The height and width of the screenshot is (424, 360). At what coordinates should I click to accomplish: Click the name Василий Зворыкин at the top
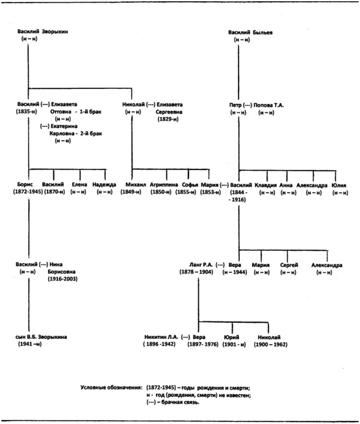click(x=43, y=32)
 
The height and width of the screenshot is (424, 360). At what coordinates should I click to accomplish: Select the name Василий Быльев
click(x=250, y=32)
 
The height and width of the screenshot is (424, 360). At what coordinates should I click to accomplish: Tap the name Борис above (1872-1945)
click(x=25, y=184)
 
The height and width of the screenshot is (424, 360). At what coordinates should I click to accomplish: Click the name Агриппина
click(x=164, y=185)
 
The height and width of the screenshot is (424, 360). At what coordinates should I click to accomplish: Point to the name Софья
click(x=190, y=185)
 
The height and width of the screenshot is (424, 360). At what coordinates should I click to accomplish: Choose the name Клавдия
click(x=266, y=186)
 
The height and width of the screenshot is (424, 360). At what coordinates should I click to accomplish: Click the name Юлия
click(x=339, y=186)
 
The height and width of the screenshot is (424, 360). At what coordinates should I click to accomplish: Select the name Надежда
click(x=104, y=185)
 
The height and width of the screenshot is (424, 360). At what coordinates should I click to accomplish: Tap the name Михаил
click(x=136, y=185)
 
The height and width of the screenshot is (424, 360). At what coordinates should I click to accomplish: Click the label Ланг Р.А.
click(x=201, y=265)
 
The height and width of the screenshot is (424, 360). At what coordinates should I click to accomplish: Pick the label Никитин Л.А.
click(x=161, y=337)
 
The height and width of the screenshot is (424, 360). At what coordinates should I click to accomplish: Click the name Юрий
click(x=232, y=338)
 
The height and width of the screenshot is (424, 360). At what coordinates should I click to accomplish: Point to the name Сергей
click(x=289, y=266)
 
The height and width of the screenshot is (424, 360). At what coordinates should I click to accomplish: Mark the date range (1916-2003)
click(x=62, y=279)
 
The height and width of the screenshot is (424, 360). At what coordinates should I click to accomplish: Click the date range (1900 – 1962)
click(x=270, y=345)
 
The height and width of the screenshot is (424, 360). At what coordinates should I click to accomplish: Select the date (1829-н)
click(x=168, y=119)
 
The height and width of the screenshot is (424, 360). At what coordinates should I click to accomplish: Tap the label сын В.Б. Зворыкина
click(x=41, y=337)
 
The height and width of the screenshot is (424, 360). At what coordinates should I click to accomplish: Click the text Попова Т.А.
click(x=268, y=105)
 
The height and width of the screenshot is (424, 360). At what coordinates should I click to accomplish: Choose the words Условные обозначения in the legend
click(x=111, y=388)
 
